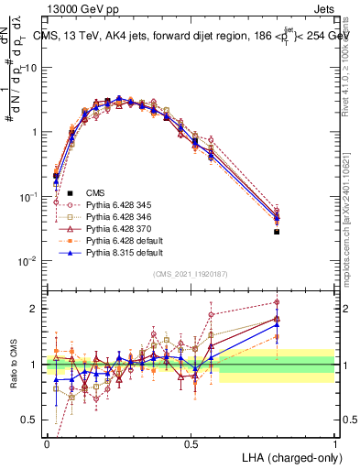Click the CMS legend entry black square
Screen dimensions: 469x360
tap(70, 192)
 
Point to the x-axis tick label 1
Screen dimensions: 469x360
tap(333, 443)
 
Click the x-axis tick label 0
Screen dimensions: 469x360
tap(47, 443)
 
